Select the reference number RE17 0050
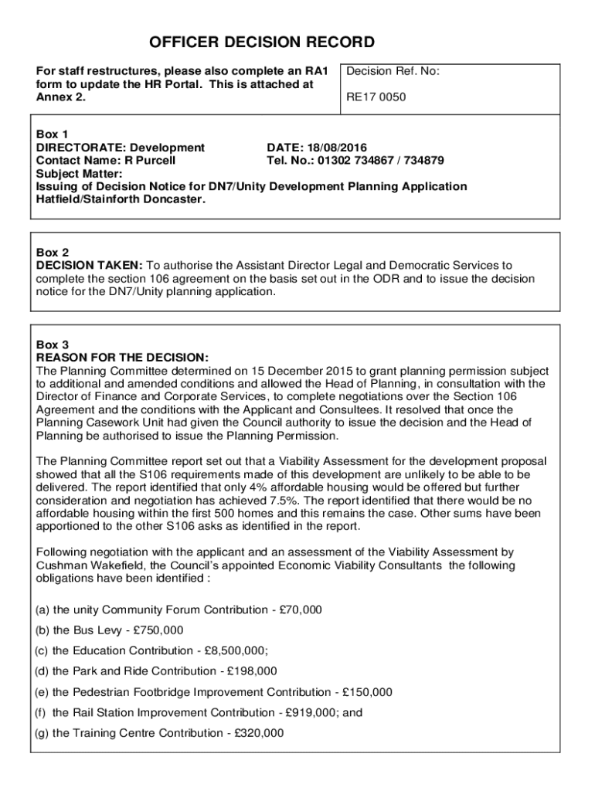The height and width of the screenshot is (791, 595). coord(376,97)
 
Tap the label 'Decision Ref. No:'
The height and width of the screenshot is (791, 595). coord(393,71)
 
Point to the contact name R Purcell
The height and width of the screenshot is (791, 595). coord(151,161)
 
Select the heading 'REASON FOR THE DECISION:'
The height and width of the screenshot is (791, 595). coord(122,357)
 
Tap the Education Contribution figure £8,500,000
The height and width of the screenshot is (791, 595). coord(239,650)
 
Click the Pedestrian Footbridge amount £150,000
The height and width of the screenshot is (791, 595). coord(367,692)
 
